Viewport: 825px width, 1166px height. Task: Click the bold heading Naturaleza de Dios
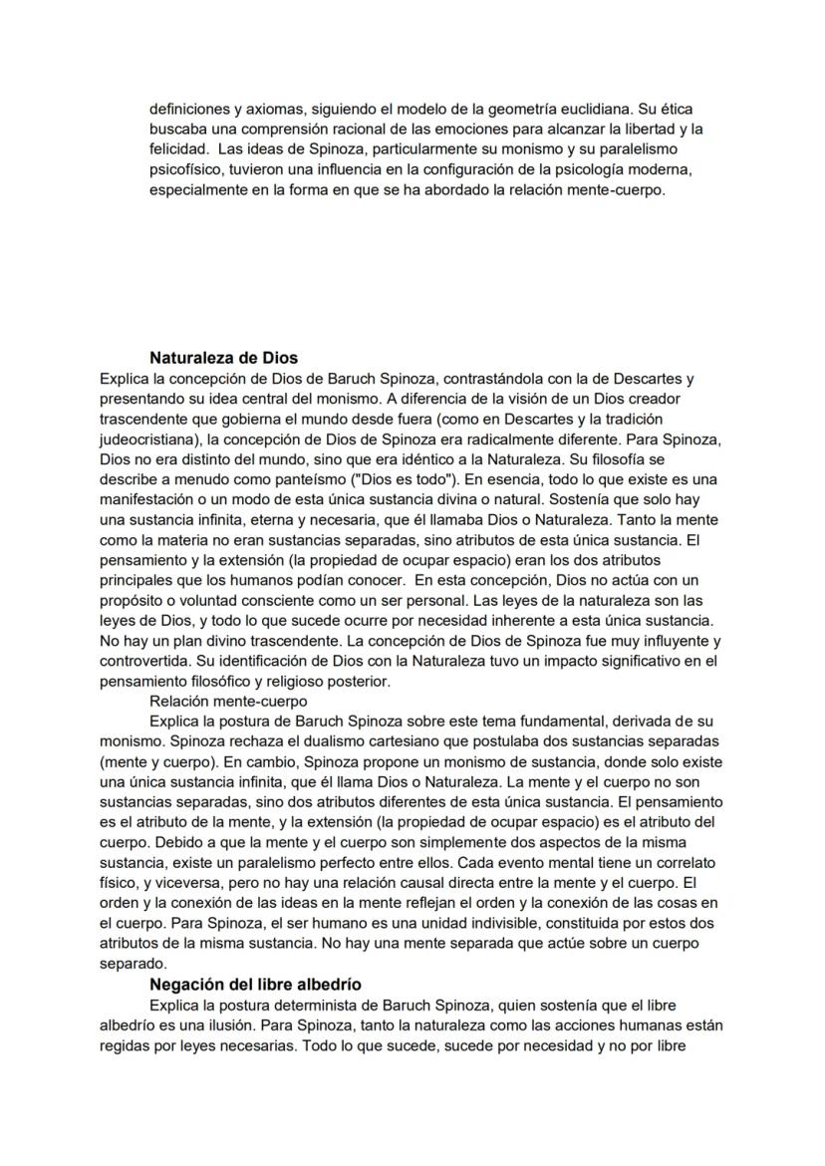click(x=223, y=358)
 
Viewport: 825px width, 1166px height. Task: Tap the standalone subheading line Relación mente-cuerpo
click(x=214, y=701)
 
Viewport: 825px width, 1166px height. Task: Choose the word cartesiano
click(x=370, y=741)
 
